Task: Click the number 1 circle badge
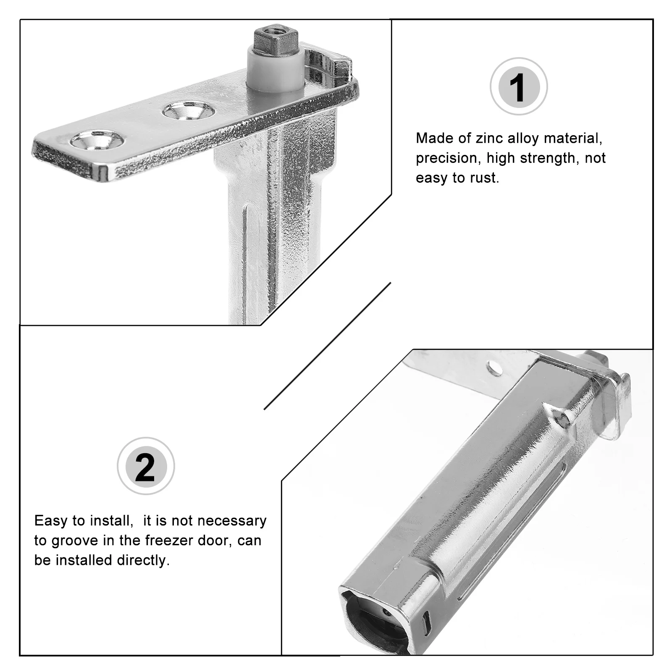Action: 519,87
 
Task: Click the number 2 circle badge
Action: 145,466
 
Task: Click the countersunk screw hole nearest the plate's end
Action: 97,139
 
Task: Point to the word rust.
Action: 484,178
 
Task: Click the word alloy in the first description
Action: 523,138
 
